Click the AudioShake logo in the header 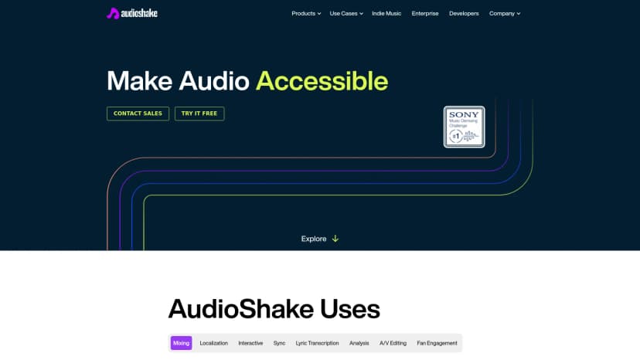coord(131,13)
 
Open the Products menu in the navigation coord(306,13)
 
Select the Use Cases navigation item coord(346,13)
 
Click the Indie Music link coord(386,13)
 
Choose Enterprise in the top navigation coord(424,13)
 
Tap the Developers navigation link coord(464,13)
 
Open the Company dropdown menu coord(505,13)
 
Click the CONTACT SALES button coord(138,114)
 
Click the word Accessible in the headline coord(322,81)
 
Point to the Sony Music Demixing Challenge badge coord(464,127)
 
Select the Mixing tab coord(181,343)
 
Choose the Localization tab coord(214,343)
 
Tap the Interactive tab coord(250,343)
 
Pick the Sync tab coord(279,343)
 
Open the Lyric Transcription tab coord(317,343)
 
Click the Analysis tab coord(359,343)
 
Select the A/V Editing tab coord(393,343)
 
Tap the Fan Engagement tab coord(437,343)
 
